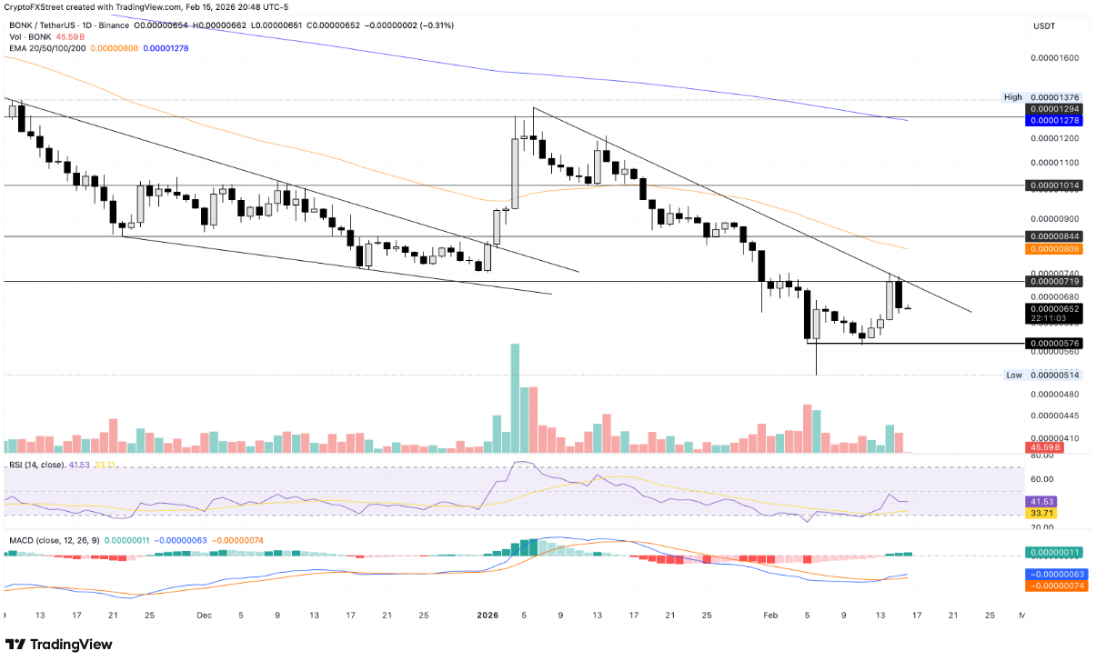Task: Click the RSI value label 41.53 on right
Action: click(x=1042, y=501)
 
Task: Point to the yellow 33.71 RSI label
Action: click(x=1042, y=513)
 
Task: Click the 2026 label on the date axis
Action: click(x=489, y=615)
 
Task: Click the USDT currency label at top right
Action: click(x=1043, y=27)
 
